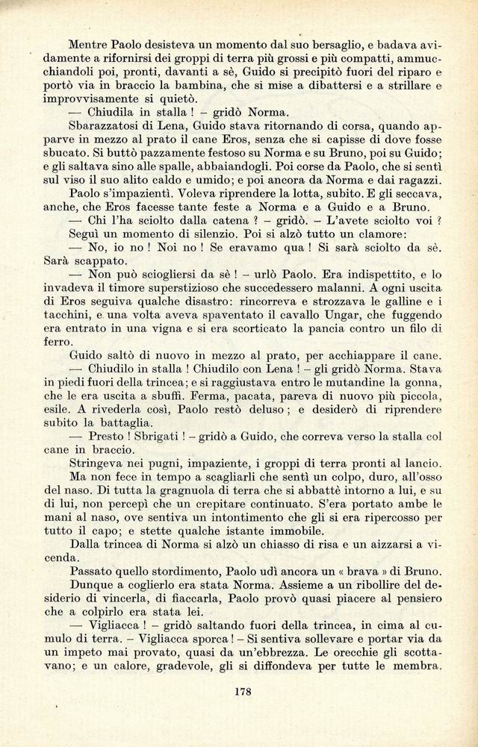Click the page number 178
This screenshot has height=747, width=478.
241,692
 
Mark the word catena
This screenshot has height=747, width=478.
217,221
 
